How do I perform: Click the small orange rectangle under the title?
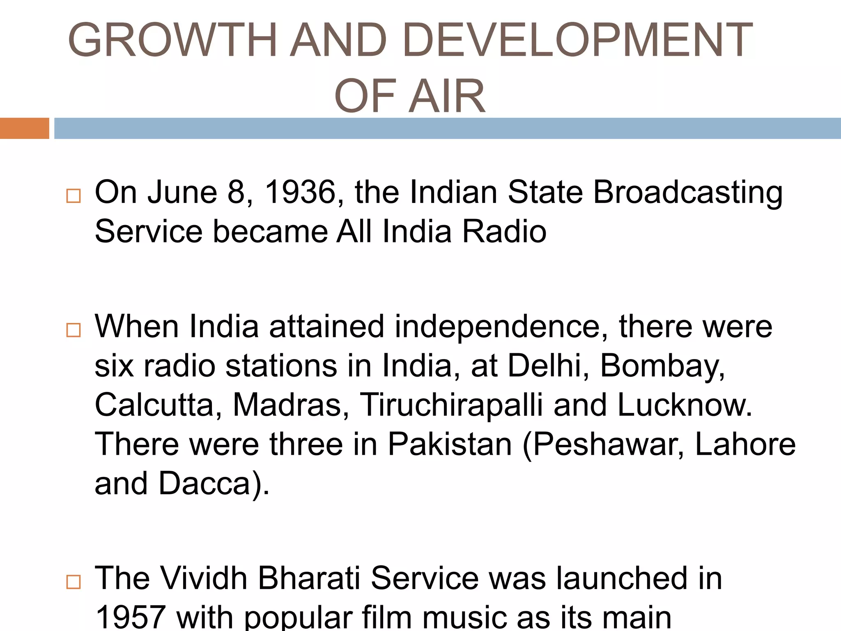pos(24,128)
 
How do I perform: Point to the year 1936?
pos(301,192)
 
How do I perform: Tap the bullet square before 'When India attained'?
pos(74,330)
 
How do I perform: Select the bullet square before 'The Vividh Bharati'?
pos(74,582)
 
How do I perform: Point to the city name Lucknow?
pos(685,405)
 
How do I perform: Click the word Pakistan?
pos(450,444)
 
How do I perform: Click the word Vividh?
pos(203,578)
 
